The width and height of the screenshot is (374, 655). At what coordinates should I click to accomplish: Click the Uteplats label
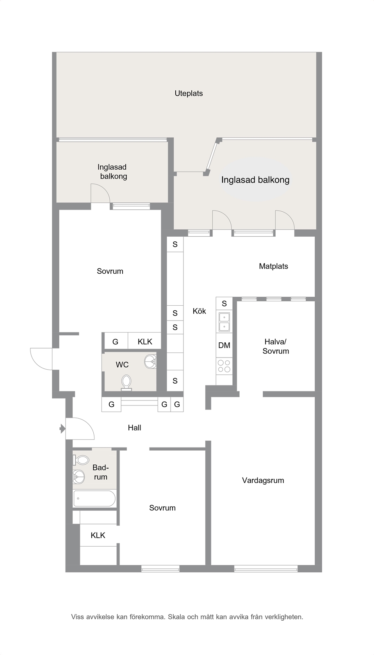[189, 94]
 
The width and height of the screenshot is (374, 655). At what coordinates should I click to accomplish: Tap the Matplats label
[274, 266]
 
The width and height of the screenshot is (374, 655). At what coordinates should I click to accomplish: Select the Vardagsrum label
[263, 480]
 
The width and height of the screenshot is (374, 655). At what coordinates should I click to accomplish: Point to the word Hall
[134, 428]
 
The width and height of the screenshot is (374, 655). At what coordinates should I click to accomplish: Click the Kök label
[199, 311]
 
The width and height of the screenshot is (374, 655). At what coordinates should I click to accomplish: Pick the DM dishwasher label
[224, 345]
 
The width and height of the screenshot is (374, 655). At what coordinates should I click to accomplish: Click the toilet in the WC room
[126, 383]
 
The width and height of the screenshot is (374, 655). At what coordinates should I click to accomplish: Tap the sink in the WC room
[150, 362]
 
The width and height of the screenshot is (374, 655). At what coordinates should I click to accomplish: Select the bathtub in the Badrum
[94, 499]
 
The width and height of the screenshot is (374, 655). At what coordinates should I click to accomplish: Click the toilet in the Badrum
[81, 460]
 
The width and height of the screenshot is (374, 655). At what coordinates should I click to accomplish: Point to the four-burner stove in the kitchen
[224, 366]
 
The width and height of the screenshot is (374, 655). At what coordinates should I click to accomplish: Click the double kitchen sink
[224, 322]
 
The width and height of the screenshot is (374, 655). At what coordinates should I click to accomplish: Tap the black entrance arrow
[62, 429]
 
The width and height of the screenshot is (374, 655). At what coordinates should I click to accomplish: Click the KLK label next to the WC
[145, 342]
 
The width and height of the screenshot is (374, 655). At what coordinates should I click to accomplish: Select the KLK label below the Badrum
[98, 535]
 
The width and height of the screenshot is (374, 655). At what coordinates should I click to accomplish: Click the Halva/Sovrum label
[276, 346]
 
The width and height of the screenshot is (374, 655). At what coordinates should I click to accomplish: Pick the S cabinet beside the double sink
[224, 303]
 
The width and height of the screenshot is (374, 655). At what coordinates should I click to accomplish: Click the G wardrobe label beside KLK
[116, 342]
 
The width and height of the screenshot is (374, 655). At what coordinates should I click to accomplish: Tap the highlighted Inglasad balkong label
[255, 180]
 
